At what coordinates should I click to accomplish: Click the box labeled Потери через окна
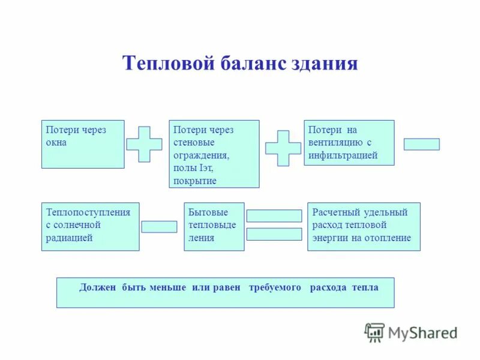(x=83, y=144)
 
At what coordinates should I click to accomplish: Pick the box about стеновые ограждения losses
(x=214, y=154)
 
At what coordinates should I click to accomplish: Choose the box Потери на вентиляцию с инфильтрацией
(x=349, y=143)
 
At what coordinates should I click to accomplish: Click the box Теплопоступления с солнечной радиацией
(x=90, y=226)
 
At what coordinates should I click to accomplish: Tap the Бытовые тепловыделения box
(x=214, y=226)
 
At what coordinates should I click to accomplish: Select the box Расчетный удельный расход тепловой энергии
(x=364, y=226)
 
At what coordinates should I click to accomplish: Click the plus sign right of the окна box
(x=144, y=144)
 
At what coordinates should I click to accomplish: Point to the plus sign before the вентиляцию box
(x=283, y=148)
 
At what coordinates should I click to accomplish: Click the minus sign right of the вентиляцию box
(x=421, y=145)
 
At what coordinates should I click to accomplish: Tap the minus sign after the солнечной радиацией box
(x=159, y=227)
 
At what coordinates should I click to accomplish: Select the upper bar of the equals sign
(x=274, y=216)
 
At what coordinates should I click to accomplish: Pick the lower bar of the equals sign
(x=274, y=234)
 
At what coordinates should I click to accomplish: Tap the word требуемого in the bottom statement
(x=275, y=288)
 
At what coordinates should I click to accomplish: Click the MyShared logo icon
(x=374, y=332)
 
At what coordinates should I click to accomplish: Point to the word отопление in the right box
(x=391, y=238)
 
